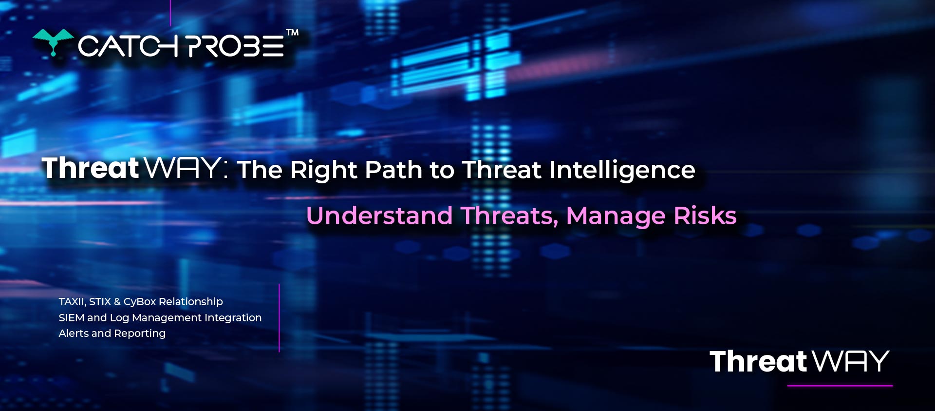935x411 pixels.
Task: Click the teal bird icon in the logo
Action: coord(53,42)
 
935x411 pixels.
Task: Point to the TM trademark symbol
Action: coord(292,33)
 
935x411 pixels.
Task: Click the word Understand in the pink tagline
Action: coord(379,215)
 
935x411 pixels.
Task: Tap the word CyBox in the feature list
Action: coord(140,302)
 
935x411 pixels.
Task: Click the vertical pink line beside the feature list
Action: coord(279,318)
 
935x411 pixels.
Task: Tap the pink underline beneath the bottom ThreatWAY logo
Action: coord(840,386)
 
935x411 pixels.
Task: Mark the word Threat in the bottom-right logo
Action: coord(759,361)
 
